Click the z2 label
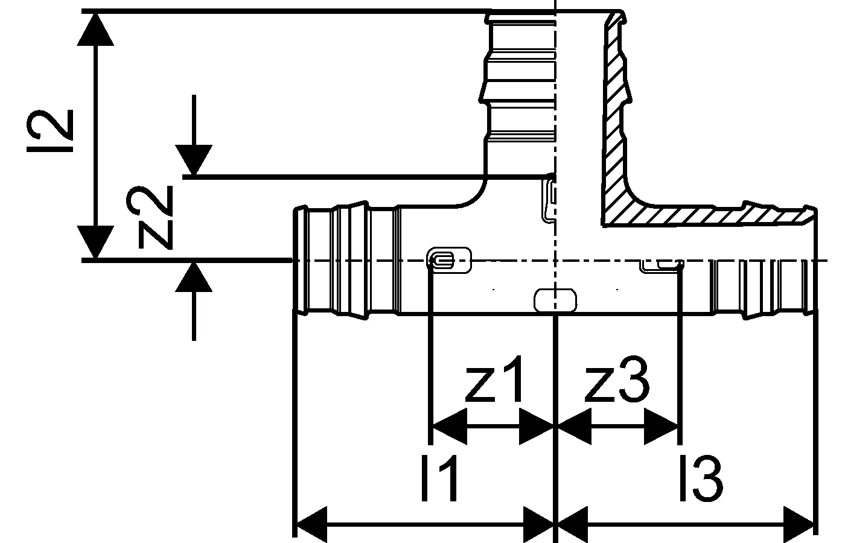click(x=154, y=217)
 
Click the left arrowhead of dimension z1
click(x=447, y=427)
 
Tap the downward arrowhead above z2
click(x=194, y=160)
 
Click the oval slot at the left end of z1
click(x=448, y=261)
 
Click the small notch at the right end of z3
click(x=662, y=265)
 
